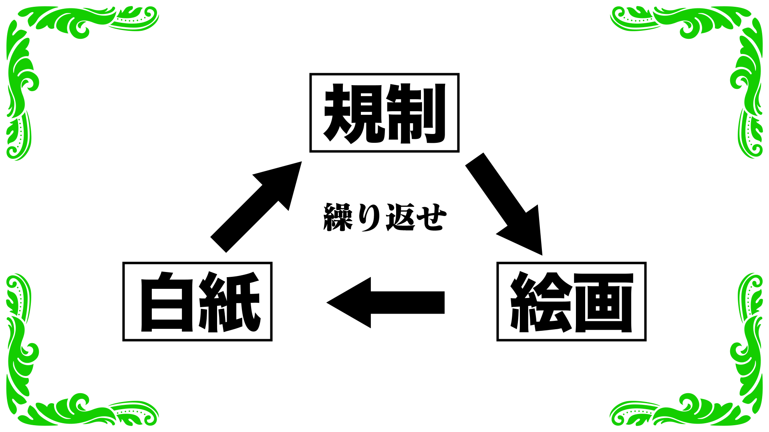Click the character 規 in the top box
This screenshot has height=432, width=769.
point(353,114)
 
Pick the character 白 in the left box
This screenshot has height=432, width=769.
point(167,302)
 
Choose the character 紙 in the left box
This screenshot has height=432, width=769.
point(229,302)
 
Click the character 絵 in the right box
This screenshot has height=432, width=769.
point(541,302)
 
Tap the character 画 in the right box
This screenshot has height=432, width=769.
point(603,302)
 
